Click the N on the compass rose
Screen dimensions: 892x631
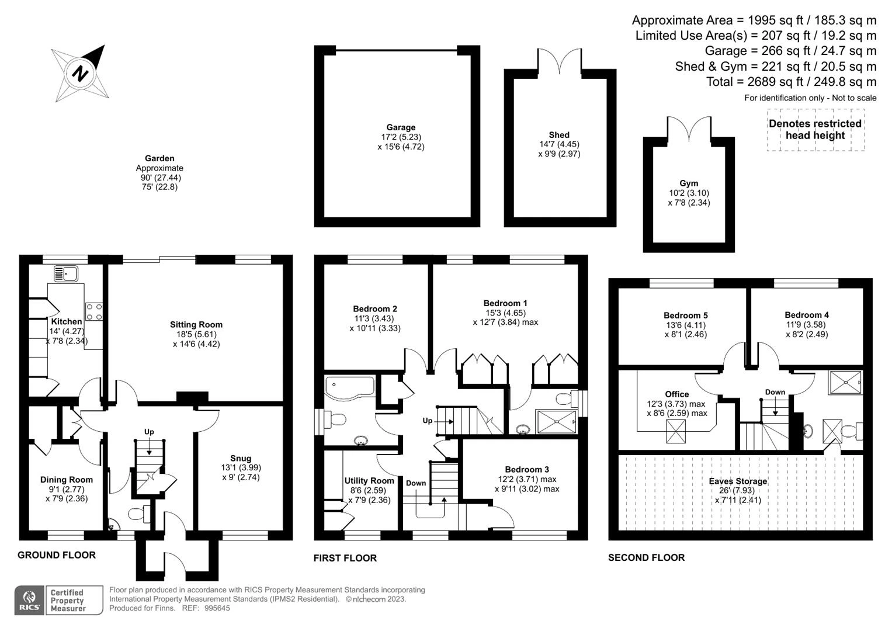[x=81, y=73]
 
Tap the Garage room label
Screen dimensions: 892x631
[x=401, y=127]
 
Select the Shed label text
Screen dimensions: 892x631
[x=559, y=135]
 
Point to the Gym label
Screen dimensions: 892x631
[x=689, y=183]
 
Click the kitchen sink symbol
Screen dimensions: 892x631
[x=66, y=273]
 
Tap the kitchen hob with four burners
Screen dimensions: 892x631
[x=94, y=312]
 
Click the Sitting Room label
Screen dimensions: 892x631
[x=196, y=325]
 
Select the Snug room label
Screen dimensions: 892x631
[x=241, y=459]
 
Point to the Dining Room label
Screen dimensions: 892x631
[x=67, y=480]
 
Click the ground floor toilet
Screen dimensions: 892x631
[x=139, y=514]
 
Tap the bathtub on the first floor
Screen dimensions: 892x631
[x=350, y=387]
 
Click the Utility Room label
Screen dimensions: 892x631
[x=369, y=481]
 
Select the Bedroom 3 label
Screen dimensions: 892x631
[x=527, y=470]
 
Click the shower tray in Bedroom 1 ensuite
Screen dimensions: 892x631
[x=556, y=421]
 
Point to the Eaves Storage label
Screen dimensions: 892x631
[x=738, y=481]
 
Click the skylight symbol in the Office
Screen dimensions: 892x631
[x=676, y=431]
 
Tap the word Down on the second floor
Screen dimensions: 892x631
[x=775, y=393]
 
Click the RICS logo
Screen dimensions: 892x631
[x=29, y=600]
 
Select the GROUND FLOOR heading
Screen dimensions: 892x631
[x=57, y=555]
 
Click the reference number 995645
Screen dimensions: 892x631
[x=217, y=608]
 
